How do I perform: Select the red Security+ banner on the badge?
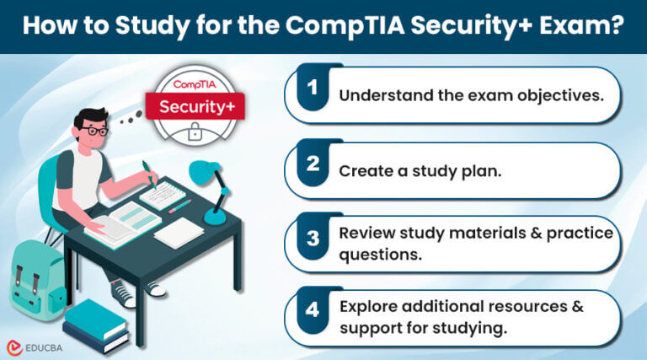click(195, 108)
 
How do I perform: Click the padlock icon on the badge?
click(195, 132)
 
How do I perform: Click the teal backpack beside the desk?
click(37, 274)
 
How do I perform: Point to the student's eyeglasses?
click(95, 131)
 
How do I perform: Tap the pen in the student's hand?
click(149, 172)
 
